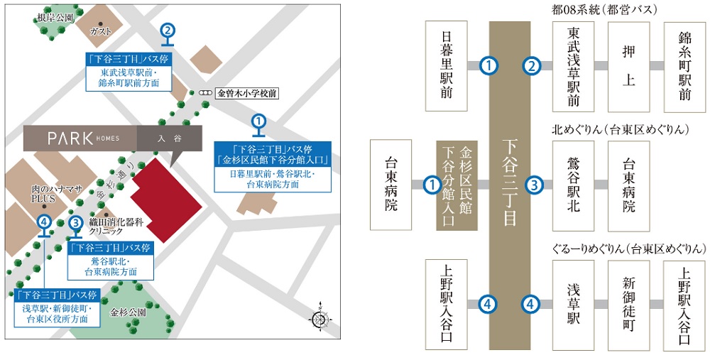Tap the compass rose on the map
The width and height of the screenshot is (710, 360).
319,320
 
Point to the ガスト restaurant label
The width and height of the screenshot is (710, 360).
101,32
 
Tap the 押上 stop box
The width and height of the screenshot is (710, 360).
629,65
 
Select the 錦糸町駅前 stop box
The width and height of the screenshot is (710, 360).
684,65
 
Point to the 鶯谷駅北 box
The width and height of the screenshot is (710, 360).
574,185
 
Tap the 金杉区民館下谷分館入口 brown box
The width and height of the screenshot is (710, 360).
457,185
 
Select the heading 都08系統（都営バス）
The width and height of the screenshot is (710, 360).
610,10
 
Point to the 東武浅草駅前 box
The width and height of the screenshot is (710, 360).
574,65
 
